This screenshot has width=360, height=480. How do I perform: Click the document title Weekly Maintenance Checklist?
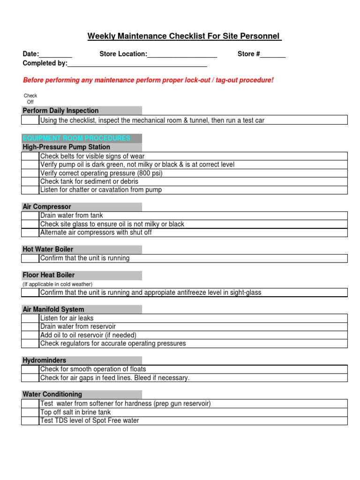tap(184, 37)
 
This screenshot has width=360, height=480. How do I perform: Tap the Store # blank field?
tap(273, 55)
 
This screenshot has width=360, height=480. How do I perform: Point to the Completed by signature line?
tap(137, 64)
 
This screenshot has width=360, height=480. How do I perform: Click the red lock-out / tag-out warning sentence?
tap(148, 80)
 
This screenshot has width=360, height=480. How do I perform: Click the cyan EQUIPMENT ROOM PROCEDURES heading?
tap(76, 138)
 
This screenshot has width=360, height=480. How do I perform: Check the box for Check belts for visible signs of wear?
tap(30, 156)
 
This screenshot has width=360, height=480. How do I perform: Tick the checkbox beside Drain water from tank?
tap(30, 216)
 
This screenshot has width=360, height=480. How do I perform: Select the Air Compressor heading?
tap(47, 207)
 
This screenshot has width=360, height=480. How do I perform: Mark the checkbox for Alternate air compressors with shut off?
tap(30, 232)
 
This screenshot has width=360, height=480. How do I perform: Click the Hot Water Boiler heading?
tap(48, 249)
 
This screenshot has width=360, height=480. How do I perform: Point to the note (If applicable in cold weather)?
tap(58, 284)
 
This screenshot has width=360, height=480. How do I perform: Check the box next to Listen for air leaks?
tap(30, 318)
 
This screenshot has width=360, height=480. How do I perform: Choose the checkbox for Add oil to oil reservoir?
tap(30, 335)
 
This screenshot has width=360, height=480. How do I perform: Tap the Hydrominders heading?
tap(45, 360)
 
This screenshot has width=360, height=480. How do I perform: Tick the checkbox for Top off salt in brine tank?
tap(30, 412)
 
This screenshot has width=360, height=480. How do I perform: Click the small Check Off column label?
tap(30, 98)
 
